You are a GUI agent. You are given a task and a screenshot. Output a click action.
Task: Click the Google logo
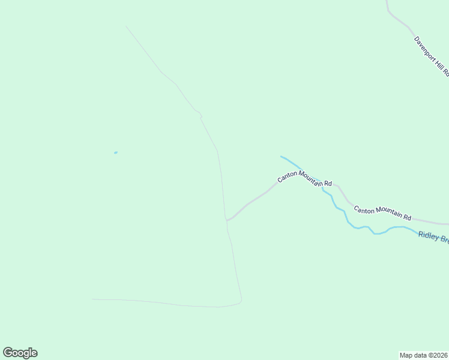20,353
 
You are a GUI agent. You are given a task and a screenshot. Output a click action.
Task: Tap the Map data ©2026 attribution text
424,355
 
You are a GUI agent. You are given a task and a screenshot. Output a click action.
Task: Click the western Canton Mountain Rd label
304,179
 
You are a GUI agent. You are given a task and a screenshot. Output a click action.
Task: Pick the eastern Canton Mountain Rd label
382,213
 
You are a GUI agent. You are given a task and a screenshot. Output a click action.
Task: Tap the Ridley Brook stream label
433,238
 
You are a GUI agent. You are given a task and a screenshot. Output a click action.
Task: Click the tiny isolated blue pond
115,152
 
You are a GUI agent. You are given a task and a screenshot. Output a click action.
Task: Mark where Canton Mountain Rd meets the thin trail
227,220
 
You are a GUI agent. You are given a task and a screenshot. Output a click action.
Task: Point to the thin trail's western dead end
92,299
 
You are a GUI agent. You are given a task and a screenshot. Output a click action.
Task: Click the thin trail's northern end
126,26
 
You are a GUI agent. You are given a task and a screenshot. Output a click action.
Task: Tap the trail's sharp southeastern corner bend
241,300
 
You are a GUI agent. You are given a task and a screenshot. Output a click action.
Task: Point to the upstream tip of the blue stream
281,157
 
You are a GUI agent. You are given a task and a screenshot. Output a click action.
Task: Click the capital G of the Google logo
8,352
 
